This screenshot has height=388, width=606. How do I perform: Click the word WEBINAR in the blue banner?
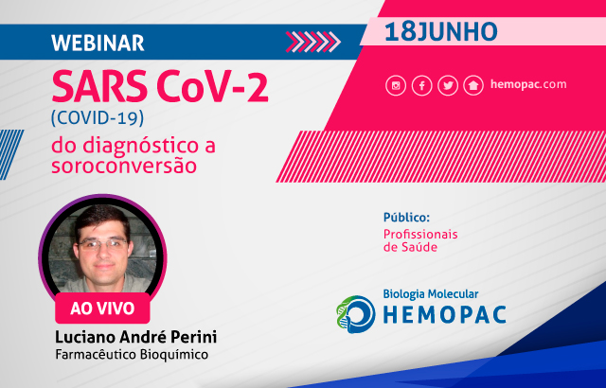click(x=98, y=43)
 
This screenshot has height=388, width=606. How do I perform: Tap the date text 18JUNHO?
click(x=441, y=32)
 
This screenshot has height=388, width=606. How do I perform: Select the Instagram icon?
click(x=396, y=85)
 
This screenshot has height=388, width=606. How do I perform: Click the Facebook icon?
click(x=421, y=85)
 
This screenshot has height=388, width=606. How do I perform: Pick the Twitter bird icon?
click(x=448, y=85)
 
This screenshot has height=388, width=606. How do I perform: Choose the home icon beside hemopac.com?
click(x=473, y=85)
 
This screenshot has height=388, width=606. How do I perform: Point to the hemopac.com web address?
click(x=528, y=84)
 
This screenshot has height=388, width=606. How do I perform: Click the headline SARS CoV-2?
click(x=160, y=86)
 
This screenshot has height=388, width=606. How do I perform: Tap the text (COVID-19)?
click(x=98, y=117)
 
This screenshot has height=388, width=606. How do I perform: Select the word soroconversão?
click(x=124, y=166)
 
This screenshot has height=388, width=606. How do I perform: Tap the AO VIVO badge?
click(x=102, y=309)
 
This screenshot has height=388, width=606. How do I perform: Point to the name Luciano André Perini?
click(x=135, y=337)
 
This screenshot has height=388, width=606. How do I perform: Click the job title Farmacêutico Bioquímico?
click(x=132, y=355)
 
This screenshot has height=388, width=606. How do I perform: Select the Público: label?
click(x=406, y=218)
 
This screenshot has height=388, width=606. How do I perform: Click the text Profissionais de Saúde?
click(x=420, y=240)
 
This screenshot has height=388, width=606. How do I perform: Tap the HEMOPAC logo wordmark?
click(x=444, y=314)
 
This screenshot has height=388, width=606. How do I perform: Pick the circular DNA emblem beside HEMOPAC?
click(x=356, y=314)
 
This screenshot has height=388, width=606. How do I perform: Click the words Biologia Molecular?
click(x=431, y=294)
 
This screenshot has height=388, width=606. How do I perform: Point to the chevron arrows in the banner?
click(x=313, y=42)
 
